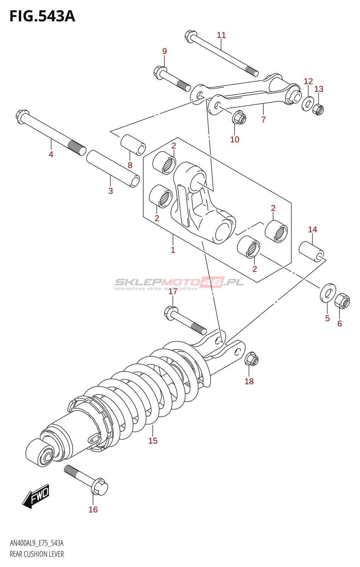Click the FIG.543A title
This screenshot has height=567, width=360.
(42, 16)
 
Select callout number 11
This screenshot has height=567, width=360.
(221, 35)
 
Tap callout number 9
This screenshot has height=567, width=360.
(164, 51)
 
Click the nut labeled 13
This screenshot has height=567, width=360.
(318, 110)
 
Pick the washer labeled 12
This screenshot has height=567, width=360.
(308, 104)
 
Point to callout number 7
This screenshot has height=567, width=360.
(263, 120)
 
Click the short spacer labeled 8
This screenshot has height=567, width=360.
(133, 145)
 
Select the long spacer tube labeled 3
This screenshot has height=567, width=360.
(113, 168)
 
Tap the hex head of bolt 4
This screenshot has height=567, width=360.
(22, 117)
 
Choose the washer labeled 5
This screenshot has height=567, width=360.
(328, 293)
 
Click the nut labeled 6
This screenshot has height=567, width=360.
(342, 301)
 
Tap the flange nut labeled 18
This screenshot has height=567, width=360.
(251, 360)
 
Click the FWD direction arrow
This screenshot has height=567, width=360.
(36, 496)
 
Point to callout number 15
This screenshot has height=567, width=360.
(153, 441)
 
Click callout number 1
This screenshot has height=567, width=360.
(173, 250)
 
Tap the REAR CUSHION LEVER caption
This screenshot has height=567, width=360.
(37, 554)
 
